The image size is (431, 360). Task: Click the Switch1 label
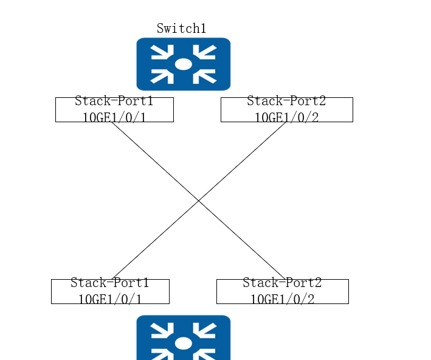coord(181,29)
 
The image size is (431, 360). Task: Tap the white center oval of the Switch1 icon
coord(184,64)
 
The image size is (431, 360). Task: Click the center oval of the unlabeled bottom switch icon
coord(184,344)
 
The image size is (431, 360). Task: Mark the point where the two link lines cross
coord(198,201)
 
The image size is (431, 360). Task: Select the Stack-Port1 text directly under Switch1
coord(114,101)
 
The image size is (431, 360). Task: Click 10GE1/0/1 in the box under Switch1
coord(114,117)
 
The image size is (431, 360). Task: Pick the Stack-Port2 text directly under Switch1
coord(286,101)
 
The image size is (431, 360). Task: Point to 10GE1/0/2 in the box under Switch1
coord(287,117)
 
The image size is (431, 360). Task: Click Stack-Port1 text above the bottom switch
coord(109,283)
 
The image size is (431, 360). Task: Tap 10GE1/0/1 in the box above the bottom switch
coord(110,299)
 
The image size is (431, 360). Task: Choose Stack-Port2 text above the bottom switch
coord(282,283)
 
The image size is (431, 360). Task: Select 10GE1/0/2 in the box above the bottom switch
coord(283,299)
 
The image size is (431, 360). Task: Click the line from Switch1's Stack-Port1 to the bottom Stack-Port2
coord(198,201)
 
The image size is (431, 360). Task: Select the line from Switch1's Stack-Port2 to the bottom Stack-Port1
coord(199,201)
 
